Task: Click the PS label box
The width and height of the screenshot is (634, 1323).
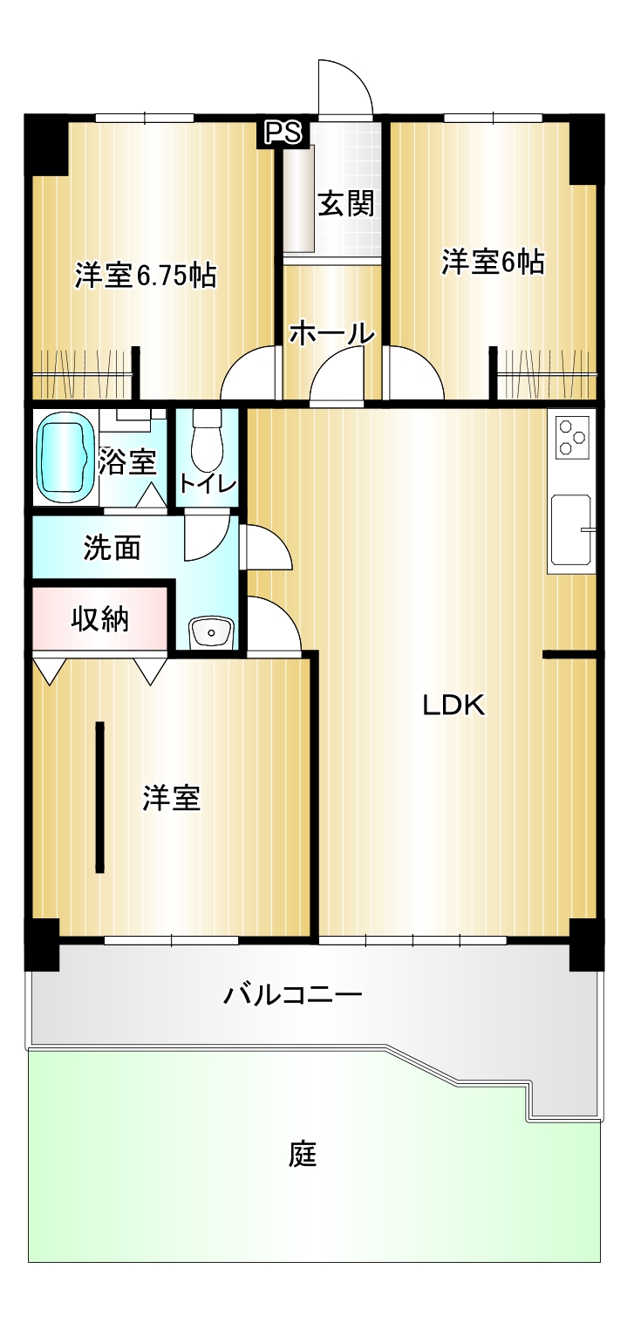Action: pyautogui.click(x=283, y=133)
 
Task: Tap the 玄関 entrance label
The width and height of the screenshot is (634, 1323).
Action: pyautogui.click(x=346, y=204)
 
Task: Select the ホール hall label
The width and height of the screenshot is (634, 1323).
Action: pyautogui.click(x=332, y=334)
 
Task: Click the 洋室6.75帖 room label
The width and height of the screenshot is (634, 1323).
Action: pyautogui.click(x=146, y=276)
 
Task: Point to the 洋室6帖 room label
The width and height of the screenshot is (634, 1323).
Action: pyautogui.click(x=493, y=262)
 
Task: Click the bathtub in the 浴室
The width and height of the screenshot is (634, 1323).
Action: pyautogui.click(x=65, y=457)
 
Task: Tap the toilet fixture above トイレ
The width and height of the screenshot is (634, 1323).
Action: pyautogui.click(x=206, y=440)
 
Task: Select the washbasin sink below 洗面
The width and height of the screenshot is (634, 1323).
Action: pyautogui.click(x=211, y=633)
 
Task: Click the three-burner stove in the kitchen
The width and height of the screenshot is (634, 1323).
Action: pyautogui.click(x=572, y=436)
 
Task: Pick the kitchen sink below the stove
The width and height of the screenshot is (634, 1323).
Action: pyautogui.click(x=571, y=529)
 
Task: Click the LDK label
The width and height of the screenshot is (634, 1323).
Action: pyautogui.click(x=453, y=706)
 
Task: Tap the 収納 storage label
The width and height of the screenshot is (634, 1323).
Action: pyautogui.click(x=100, y=619)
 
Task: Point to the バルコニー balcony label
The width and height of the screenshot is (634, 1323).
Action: pyautogui.click(x=292, y=995)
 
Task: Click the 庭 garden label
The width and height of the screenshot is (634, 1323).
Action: pyautogui.click(x=303, y=1154)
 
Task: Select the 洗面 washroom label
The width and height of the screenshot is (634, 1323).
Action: pyautogui.click(x=112, y=548)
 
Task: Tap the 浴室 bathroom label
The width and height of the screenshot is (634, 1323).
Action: pyautogui.click(x=127, y=461)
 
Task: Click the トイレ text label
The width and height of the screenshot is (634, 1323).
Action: pyautogui.click(x=208, y=484)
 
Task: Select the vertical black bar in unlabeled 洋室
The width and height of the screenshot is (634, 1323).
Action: pyautogui.click(x=100, y=797)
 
